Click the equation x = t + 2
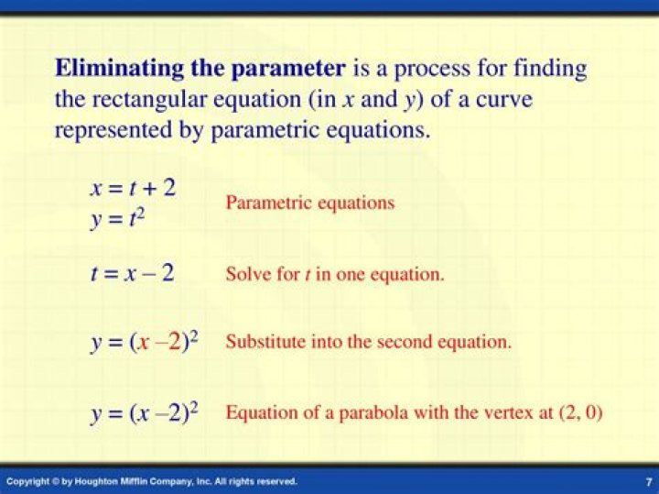(x=133, y=188)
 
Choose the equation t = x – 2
(x=132, y=272)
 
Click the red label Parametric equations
(x=310, y=203)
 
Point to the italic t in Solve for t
(x=307, y=274)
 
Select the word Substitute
(x=265, y=342)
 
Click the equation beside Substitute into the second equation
(x=145, y=342)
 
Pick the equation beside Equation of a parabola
(x=145, y=412)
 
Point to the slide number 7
(x=648, y=481)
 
